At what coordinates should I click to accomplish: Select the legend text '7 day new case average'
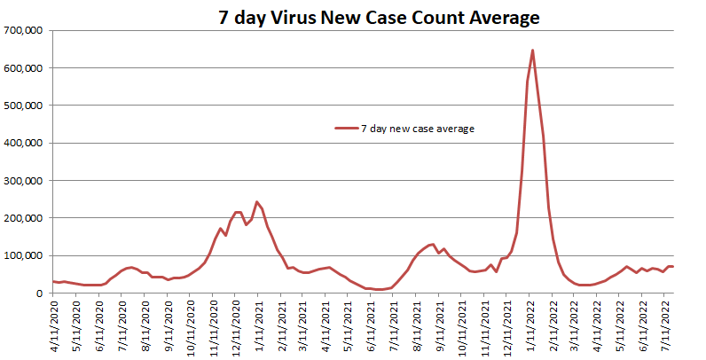click(417, 129)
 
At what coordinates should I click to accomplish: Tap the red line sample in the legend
click(345, 129)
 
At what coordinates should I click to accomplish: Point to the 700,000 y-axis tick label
click(25, 30)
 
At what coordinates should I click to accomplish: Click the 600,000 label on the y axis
click(25, 67)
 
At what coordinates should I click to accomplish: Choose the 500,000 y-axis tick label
click(25, 106)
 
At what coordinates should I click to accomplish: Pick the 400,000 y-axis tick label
click(25, 143)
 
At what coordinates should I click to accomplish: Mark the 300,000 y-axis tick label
click(25, 180)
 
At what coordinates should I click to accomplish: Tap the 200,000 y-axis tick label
click(25, 218)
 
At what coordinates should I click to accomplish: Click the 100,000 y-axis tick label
click(25, 255)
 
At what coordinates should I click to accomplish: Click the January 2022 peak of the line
click(532, 51)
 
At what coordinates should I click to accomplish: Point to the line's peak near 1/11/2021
click(257, 202)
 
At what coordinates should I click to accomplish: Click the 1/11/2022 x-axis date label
click(529, 326)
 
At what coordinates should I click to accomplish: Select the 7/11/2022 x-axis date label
click(665, 326)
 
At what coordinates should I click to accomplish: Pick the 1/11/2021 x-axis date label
click(258, 326)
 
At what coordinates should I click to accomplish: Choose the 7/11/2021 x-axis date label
click(394, 326)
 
